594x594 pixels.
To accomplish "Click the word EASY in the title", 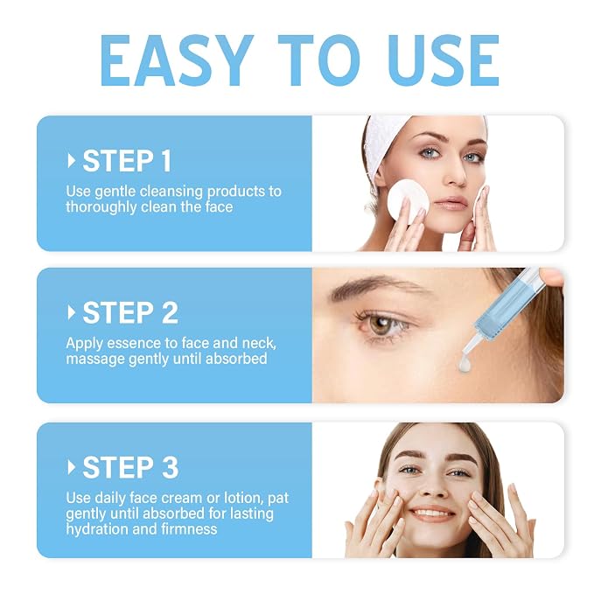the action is coord(177,60).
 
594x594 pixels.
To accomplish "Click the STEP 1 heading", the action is coord(128,161).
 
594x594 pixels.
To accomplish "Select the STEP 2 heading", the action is coord(130,313).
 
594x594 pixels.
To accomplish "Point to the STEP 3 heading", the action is coord(130,467).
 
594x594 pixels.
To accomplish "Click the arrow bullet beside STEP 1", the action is coord(71,161).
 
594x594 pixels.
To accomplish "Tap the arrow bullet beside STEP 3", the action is coord(71,467).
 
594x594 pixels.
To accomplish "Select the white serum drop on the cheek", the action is coord(465,365).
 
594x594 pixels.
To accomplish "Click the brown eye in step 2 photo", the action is coord(381,325).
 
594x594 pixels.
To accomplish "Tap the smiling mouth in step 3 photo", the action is coord(433,514).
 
